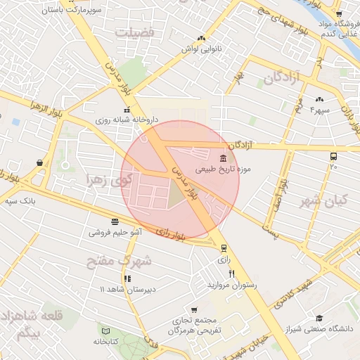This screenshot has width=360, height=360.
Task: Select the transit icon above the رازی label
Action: (224, 248)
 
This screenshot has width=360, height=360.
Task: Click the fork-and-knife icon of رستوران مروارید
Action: (231, 274)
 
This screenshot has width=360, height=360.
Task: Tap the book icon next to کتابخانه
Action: (106, 330)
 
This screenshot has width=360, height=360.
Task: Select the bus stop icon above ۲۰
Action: (333, 157)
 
